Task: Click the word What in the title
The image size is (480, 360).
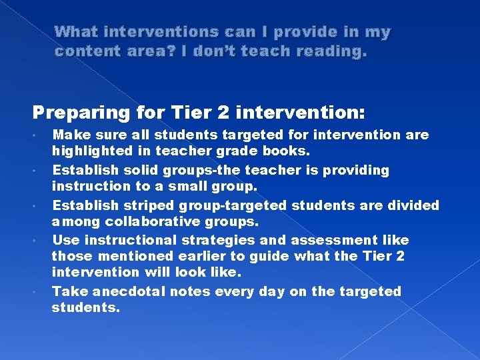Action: [77, 32]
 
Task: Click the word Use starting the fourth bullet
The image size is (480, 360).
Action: [65, 239]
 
